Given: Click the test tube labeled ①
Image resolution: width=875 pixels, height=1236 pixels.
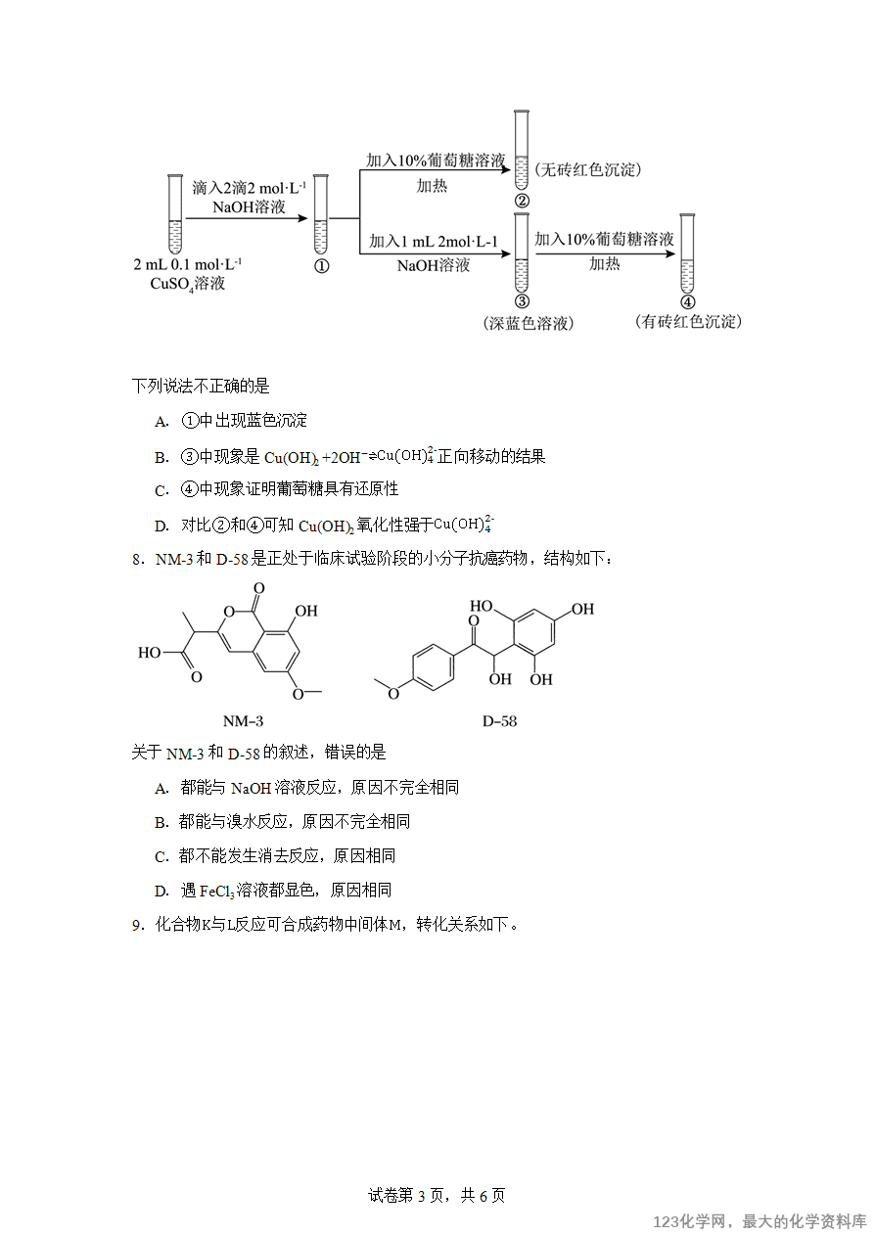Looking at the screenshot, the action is [x=320, y=214].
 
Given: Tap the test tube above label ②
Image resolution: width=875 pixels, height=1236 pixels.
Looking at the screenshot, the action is [x=522, y=150].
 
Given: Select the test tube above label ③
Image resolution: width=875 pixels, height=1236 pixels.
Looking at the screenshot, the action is [x=522, y=252].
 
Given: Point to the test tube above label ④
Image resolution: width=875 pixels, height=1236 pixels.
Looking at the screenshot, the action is [x=687, y=253].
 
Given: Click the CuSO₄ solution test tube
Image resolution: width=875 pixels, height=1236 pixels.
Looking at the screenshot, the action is [x=175, y=214].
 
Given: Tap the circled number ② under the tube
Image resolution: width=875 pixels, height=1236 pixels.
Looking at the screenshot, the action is [x=522, y=201].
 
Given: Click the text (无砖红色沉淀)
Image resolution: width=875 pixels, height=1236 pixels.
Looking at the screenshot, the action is [x=587, y=169].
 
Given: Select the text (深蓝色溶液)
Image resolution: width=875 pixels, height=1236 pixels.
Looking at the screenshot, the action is [x=529, y=323].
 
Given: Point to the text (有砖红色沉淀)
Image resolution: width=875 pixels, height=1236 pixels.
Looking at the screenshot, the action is [x=688, y=321].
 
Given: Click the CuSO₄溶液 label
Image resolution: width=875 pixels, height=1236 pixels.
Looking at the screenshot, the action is [x=188, y=284].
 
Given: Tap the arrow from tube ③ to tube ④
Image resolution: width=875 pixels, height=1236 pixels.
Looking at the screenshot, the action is [x=605, y=253].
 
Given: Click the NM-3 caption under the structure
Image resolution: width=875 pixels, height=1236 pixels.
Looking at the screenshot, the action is [x=243, y=721].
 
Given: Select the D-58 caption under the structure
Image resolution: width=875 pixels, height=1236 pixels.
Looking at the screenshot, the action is [x=499, y=721].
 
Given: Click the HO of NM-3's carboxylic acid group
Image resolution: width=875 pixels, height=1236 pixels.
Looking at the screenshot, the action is [x=149, y=653].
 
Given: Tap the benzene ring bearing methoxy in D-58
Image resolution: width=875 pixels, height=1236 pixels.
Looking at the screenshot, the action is [x=433, y=667].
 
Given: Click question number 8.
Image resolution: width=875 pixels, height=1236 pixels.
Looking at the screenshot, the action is [x=138, y=560].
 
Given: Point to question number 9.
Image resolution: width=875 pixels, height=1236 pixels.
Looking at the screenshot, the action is [x=138, y=925].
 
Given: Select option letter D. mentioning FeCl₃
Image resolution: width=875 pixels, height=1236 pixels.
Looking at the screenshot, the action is [x=161, y=892].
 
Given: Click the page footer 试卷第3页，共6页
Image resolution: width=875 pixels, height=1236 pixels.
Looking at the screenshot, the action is [x=437, y=1195].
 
